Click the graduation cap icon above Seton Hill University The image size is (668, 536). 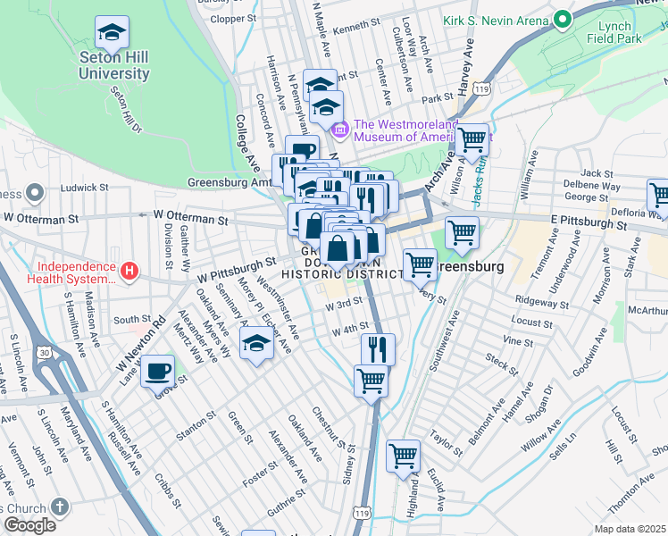click(x=113, y=33)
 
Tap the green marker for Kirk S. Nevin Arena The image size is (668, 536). click(x=562, y=19)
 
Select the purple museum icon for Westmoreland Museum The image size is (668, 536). click(x=340, y=130)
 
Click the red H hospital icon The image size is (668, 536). click(x=129, y=270)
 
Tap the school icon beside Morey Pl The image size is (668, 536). click(x=256, y=345)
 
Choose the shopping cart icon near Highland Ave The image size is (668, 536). click(x=404, y=456)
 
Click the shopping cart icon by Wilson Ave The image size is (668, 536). click(x=472, y=140)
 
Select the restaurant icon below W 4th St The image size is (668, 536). click(x=379, y=349)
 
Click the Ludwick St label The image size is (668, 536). click(x=84, y=188)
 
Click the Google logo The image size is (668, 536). click(x=29, y=525)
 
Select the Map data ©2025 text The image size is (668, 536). click(x=630, y=529)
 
